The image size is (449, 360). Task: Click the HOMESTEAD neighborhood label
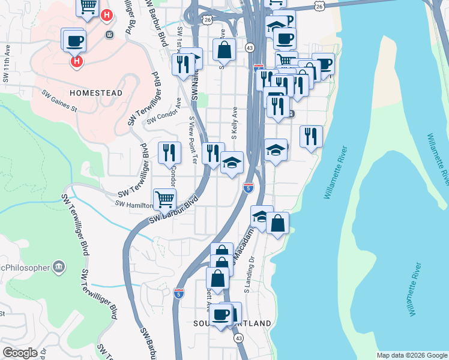pos(96,93)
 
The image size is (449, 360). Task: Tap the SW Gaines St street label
pos(59,101)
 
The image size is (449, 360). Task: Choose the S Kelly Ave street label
pos(235,123)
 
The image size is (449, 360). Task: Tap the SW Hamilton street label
pos(135,205)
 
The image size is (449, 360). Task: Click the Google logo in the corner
pos(20,353)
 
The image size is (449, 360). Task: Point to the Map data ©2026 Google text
pos(412,355)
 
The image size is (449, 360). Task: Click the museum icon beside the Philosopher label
pos(59,266)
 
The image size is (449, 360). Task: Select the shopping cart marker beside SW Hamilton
pos(164,199)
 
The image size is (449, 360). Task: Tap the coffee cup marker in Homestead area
pos(75,41)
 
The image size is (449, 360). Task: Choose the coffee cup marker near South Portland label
pos(221,314)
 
